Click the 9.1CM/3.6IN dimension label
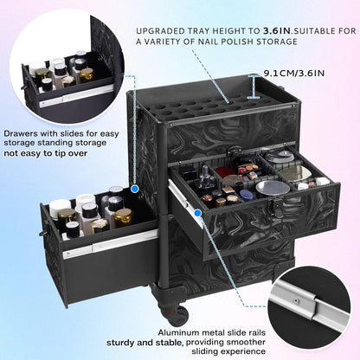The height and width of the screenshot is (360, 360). [x=294, y=73]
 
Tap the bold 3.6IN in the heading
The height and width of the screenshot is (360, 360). [x=276, y=31]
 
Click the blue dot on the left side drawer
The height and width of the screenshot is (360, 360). [x=135, y=189]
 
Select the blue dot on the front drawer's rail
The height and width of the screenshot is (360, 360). [x=197, y=213]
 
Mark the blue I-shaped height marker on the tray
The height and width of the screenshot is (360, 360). [x=254, y=87]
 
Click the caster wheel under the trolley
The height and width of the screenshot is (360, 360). [x=176, y=315]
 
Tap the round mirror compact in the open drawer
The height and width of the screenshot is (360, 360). [x=273, y=189]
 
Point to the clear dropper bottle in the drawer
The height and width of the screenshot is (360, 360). [x=207, y=178]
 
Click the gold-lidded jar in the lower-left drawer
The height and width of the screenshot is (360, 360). [x=123, y=217]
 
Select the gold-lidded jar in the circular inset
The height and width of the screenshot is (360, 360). [x=87, y=74]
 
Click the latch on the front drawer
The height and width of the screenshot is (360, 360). [x=274, y=205]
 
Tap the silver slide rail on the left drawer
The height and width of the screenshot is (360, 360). [x=111, y=245]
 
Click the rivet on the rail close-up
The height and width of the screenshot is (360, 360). [x=295, y=301]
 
